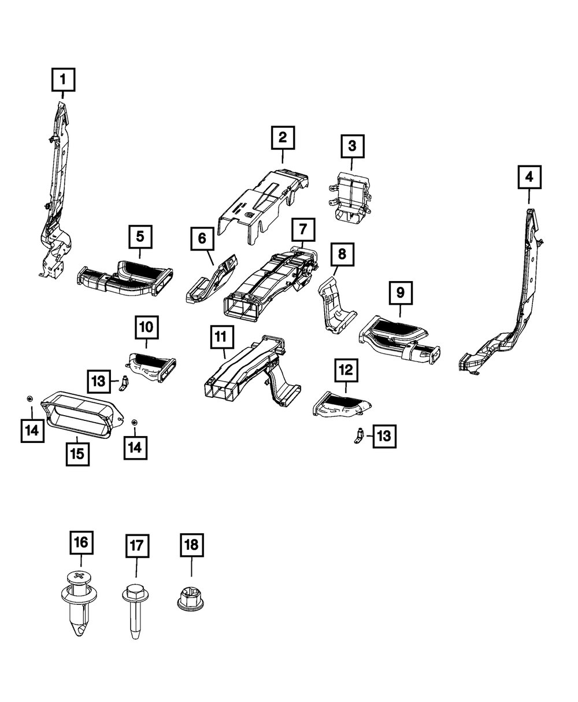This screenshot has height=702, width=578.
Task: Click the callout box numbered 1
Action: click(x=63, y=80)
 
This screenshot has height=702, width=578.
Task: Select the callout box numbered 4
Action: click(x=529, y=177)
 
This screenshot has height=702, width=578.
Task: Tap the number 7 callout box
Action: click(x=303, y=230)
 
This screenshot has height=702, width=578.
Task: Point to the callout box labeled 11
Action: click(x=222, y=337)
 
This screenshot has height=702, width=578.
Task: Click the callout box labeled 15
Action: click(x=77, y=454)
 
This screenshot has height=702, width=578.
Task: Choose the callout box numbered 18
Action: click(x=191, y=545)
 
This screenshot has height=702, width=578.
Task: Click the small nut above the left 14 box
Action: click(x=29, y=399)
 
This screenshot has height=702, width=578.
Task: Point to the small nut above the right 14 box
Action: click(x=135, y=422)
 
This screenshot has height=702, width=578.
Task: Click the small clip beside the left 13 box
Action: click(x=124, y=383)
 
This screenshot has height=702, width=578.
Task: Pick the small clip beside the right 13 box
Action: click(x=360, y=436)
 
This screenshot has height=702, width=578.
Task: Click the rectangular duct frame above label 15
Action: click(x=81, y=416)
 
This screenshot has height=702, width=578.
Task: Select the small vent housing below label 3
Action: click(x=350, y=196)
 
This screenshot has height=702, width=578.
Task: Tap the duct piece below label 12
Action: click(x=342, y=404)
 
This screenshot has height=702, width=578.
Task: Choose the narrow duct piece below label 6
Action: click(x=212, y=279)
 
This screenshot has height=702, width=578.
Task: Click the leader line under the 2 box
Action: click(x=282, y=156)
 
